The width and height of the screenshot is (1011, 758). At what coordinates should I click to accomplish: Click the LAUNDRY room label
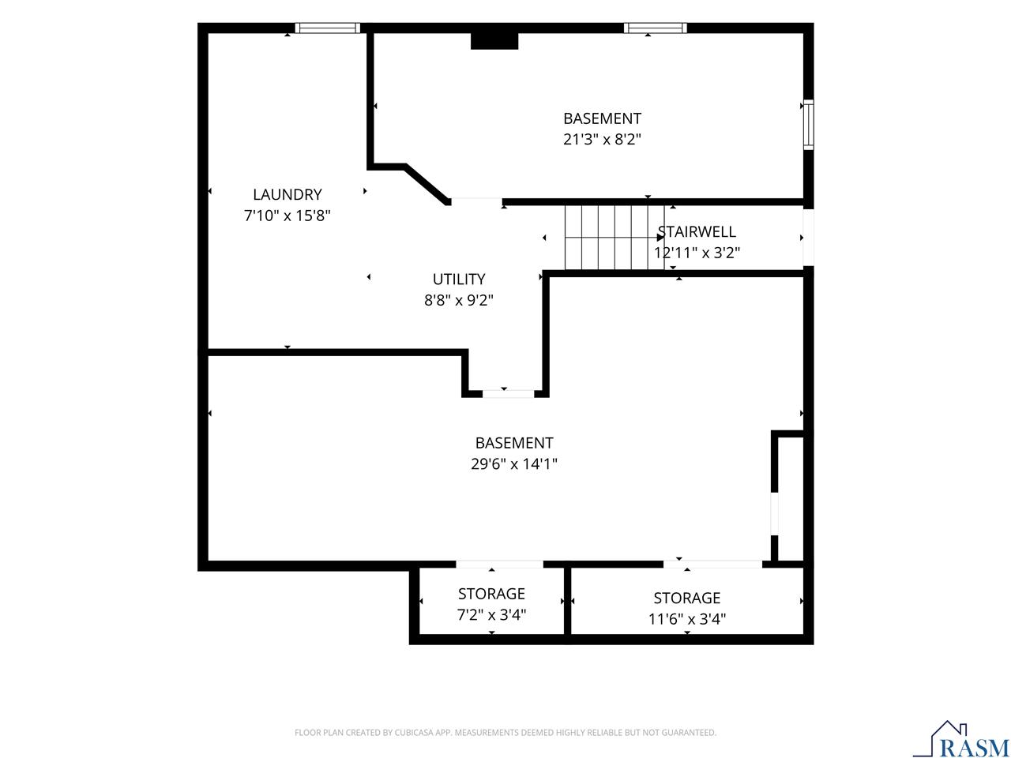(287, 195)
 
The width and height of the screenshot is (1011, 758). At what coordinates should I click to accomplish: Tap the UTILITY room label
(459, 280)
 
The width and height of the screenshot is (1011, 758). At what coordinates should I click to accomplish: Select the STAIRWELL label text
(697, 232)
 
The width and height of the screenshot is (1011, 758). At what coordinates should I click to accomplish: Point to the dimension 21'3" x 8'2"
(602, 139)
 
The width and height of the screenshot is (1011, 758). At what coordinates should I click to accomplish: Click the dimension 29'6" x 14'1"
(514, 463)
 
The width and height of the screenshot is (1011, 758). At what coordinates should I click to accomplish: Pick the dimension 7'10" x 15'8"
(287, 216)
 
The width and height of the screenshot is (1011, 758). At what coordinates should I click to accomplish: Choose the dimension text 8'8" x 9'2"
(459, 300)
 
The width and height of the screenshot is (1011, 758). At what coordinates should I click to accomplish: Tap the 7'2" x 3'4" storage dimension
(491, 614)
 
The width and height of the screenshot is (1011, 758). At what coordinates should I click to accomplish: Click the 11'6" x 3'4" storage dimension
(686, 619)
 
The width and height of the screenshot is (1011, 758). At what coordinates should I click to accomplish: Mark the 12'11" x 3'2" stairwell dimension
(697, 253)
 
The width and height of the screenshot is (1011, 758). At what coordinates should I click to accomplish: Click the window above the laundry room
(328, 28)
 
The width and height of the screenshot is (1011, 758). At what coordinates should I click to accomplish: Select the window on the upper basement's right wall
(808, 124)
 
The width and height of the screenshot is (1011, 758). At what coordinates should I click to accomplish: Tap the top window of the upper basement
(655, 28)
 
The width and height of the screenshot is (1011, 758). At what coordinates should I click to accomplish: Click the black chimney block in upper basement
(494, 41)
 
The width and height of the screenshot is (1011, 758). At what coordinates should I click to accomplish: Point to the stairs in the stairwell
(614, 238)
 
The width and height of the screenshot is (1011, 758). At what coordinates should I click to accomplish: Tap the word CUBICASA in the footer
(412, 732)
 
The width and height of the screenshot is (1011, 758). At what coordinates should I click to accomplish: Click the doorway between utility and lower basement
(508, 393)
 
